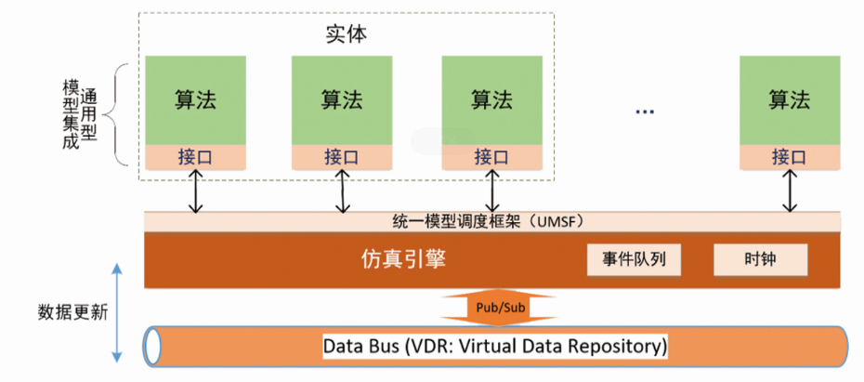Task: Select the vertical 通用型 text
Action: click(x=89, y=110)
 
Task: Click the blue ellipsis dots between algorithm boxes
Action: click(x=645, y=112)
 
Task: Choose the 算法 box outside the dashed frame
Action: click(x=790, y=100)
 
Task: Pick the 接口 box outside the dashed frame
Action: click(x=790, y=157)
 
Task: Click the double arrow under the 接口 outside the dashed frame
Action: click(x=790, y=191)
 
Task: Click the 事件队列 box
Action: click(x=634, y=260)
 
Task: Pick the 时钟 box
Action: click(x=760, y=260)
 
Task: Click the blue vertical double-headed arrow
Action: click(x=117, y=312)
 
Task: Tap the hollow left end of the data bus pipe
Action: click(x=152, y=347)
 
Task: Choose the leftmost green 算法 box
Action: click(x=195, y=100)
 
